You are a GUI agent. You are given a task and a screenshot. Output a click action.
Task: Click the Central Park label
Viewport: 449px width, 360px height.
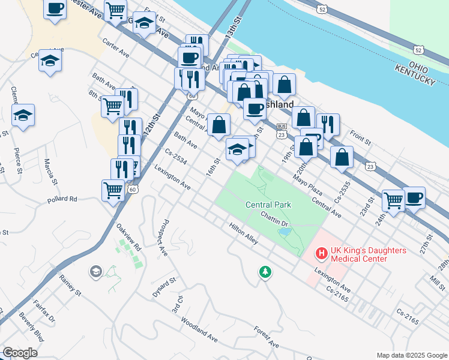click(x=268, y=205)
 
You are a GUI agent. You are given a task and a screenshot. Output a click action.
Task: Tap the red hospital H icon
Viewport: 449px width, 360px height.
click(x=322, y=254)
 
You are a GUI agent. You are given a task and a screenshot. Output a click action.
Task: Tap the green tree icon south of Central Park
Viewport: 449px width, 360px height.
click(x=264, y=272)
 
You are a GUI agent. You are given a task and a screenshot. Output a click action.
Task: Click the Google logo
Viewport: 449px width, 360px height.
click(x=20, y=353)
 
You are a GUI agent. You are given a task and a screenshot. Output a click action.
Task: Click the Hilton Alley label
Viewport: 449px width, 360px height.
click(x=243, y=233)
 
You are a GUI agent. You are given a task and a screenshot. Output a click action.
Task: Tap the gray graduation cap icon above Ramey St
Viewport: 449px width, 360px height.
click(x=95, y=272)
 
